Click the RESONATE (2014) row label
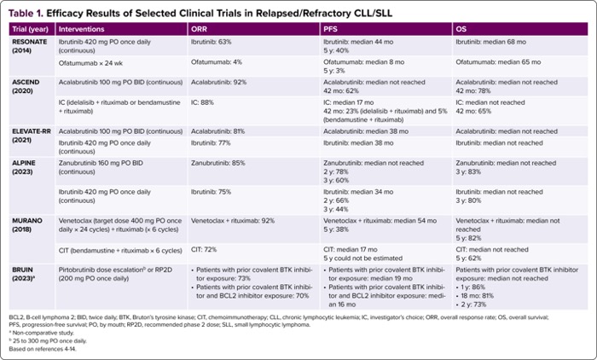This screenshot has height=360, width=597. coord(30,45)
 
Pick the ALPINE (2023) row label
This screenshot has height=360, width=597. coord(26,165)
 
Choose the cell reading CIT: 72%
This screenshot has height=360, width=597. coord(203,250)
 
